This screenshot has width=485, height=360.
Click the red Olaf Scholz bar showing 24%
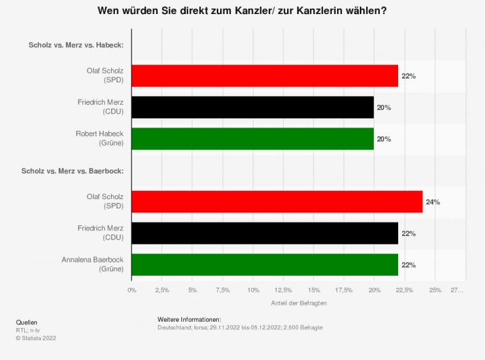[x=277, y=202]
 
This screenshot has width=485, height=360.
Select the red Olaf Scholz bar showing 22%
[x=265, y=76]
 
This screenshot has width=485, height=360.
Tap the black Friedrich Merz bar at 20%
[x=253, y=107]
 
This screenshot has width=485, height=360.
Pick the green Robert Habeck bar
[x=253, y=139]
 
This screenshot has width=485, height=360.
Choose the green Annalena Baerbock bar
[x=265, y=264]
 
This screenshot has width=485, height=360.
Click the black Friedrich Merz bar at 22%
[x=265, y=233]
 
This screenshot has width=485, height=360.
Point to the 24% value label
[x=433, y=202]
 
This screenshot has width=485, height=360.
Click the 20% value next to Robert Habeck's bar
[x=384, y=139]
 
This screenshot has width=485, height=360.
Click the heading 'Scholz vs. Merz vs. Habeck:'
[x=76, y=45]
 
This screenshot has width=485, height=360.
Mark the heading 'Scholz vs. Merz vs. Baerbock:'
[x=72, y=170]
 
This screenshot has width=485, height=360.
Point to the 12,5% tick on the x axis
[x=283, y=290]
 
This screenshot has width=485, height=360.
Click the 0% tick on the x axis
[x=132, y=290]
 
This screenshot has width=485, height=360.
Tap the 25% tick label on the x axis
[x=435, y=290]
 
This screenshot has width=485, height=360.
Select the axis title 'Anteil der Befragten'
[x=299, y=303]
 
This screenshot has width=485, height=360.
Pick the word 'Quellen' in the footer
[x=27, y=322]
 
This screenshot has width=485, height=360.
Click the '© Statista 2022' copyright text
[x=36, y=338]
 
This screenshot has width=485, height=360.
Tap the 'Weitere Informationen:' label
[x=189, y=319]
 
